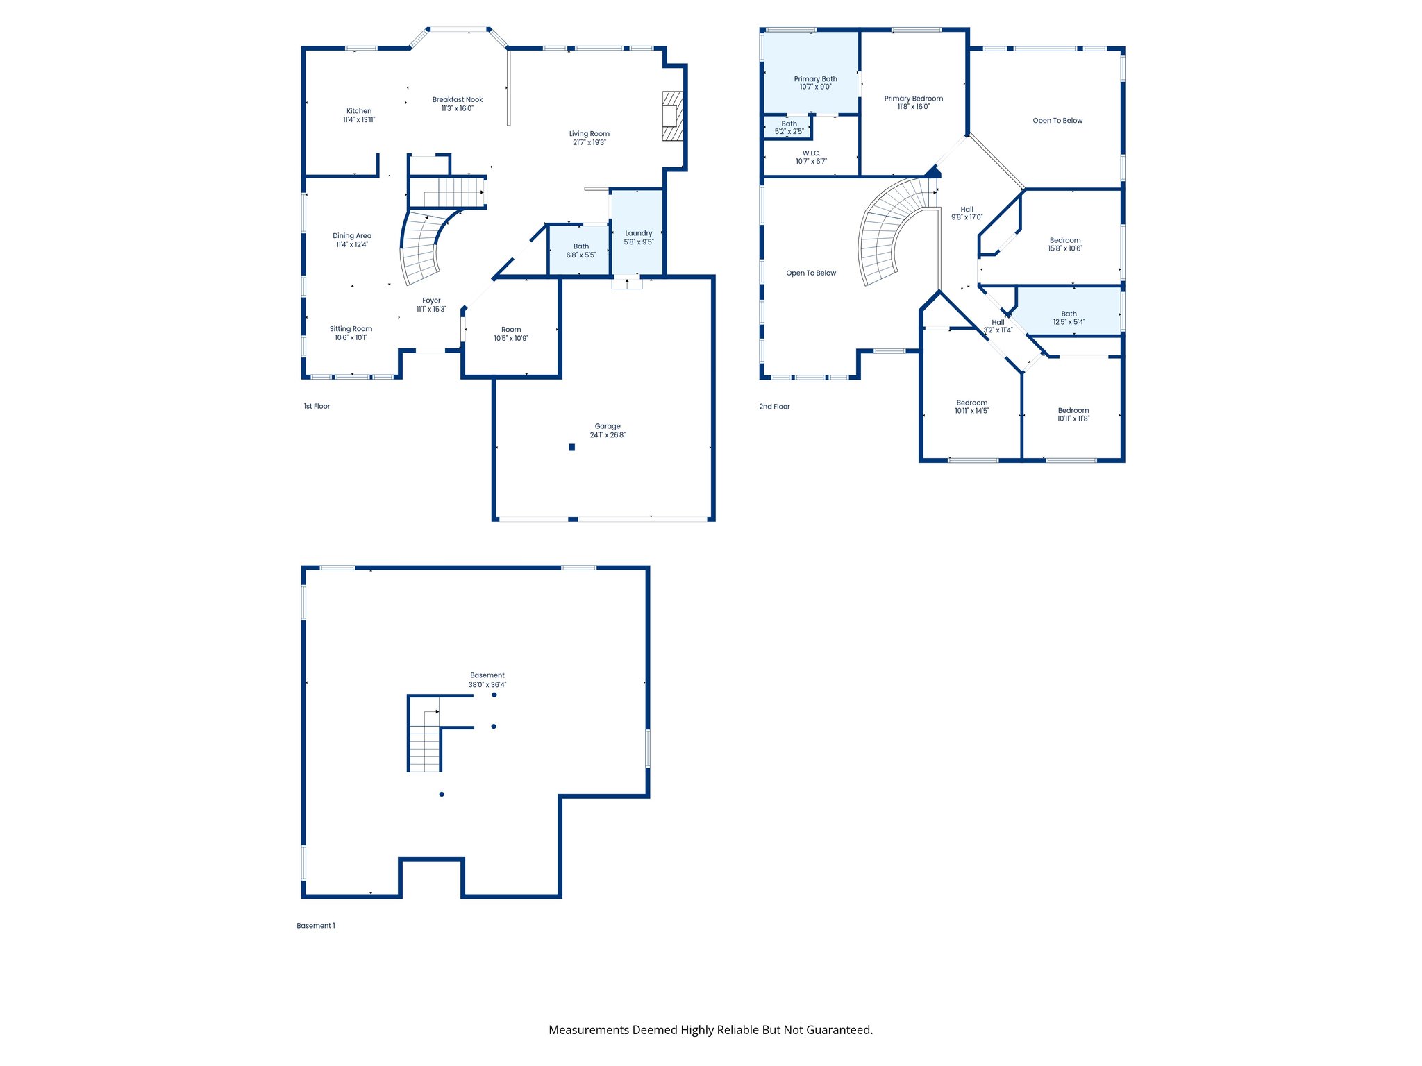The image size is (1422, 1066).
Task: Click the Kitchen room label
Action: pos(359,111)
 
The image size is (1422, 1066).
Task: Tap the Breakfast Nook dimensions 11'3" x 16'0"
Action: pos(457,108)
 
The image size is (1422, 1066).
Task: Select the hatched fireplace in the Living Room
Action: pos(672,116)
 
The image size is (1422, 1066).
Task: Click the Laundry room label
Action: pos(638,233)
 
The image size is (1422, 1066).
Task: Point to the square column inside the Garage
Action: pos(571,448)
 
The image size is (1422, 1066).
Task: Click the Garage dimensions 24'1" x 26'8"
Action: pos(608,435)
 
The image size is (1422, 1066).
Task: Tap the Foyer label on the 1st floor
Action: pos(431,301)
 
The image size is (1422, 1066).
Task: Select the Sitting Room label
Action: pos(351,329)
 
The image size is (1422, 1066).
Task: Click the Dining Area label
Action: pos(352,236)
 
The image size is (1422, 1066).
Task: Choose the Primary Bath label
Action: pos(815,79)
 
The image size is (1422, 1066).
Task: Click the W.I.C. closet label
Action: pos(811,153)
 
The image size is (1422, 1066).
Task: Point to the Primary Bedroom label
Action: pos(913,99)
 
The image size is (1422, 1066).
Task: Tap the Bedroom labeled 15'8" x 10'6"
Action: pos(1064,244)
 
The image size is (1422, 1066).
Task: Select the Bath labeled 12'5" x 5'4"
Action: pos(1069,318)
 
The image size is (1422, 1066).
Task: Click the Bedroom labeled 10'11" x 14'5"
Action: pos(971,407)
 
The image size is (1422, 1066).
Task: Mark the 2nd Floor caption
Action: pos(774,407)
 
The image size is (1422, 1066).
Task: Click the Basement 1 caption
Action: pos(315,926)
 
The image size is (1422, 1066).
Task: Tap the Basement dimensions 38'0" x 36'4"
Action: pos(487,685)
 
